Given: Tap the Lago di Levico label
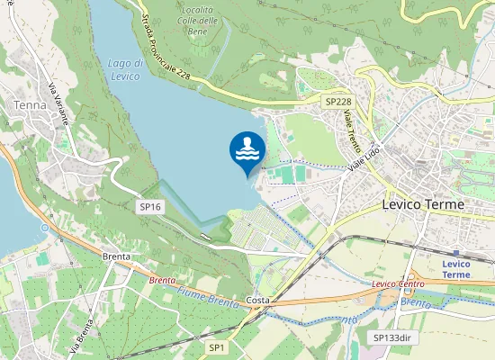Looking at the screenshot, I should click(124, 69).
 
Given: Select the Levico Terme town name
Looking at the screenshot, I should click(423, 204).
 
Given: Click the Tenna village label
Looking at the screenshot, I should click(25, 104).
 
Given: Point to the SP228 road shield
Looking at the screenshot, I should click(337, 103).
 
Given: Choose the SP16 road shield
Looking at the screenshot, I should click(150, 207).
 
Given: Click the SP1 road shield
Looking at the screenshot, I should click(217, 346).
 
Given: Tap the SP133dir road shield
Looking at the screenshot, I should click(391, 337).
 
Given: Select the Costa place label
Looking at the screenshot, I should click(257, 300).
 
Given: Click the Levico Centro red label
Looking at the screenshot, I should click(398, 284).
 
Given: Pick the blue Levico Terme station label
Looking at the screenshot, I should click(456, 268).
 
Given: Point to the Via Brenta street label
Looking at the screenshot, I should click(82, 335).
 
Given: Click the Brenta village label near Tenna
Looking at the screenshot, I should click(116, 256).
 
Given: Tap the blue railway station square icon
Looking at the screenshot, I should click(457, 253).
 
